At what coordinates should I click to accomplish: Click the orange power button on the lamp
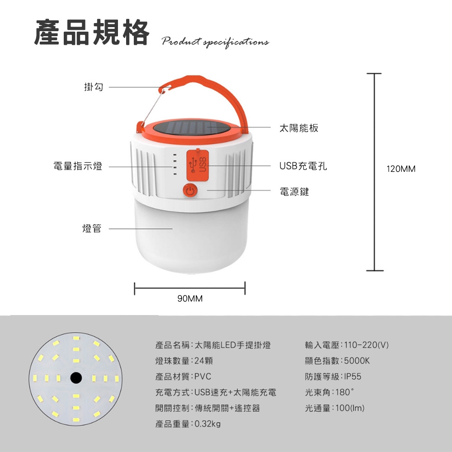tap(190, 191)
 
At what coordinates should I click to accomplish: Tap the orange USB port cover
tap(198, 165)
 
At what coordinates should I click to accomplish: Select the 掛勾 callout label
tap(94, 86)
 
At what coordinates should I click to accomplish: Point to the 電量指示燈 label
tap(78, 166)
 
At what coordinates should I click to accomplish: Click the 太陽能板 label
tap(299, 128)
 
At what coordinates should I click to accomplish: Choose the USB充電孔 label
tap(303, 166)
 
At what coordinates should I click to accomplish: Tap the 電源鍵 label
tap(294, 191)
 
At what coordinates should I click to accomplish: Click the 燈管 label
tap(92, 228)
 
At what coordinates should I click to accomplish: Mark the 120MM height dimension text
tap(401, 169)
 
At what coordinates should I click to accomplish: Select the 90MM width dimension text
tap(190, 298)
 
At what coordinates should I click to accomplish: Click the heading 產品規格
tap(92, 32)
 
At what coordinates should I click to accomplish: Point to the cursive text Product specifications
tap(215, 42)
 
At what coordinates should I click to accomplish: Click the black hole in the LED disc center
tap(76, 378)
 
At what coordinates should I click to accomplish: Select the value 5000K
tap(357, 361)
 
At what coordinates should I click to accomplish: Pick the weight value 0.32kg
tap(207, 424)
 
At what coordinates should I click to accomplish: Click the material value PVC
tap(203, 377)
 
